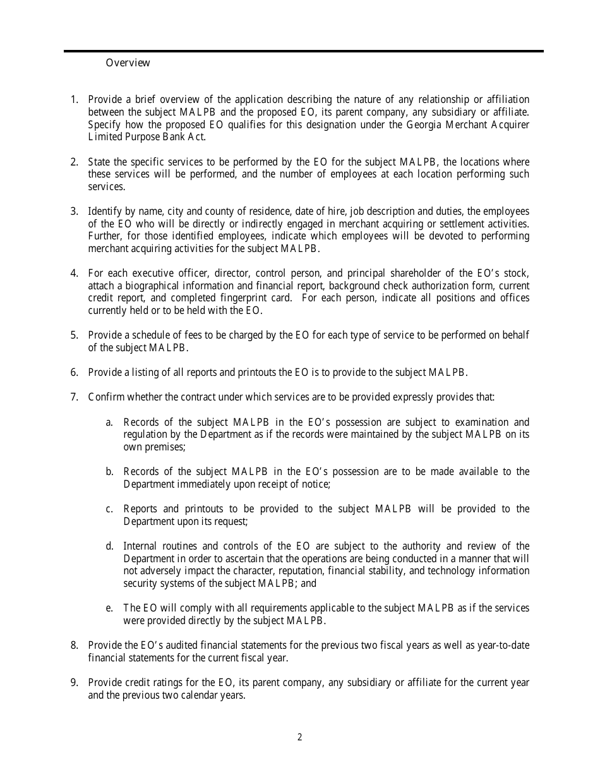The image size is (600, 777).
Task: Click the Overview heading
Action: point(128,63)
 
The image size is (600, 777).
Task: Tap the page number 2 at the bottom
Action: point(300,737)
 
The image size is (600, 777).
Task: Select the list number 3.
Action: point(74,211)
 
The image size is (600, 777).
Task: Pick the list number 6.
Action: point(74,372)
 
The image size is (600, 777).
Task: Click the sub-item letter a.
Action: point(109,422)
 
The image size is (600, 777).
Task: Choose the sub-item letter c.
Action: point(109,509)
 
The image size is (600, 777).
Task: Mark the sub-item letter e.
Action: point(109,608)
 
